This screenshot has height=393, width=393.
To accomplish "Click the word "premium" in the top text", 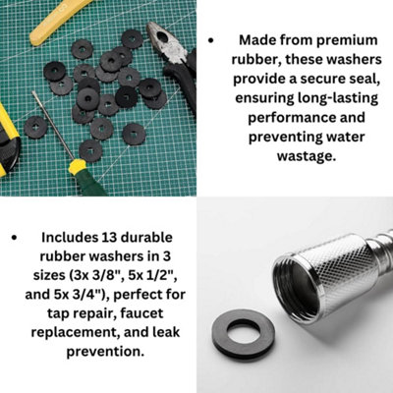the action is click(x=347, y=40).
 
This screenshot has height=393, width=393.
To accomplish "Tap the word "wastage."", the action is click(x=307, y=155).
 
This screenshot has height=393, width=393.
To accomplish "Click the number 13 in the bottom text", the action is click(x=109, y=237).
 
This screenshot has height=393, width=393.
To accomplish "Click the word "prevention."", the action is click(x=105, y=352).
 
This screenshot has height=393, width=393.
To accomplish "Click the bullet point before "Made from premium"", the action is click(x=211, y=41).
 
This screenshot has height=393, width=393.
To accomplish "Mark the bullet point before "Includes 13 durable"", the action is click(x=14, y=238).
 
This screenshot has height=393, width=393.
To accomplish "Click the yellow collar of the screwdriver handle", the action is click(x=78, y=166).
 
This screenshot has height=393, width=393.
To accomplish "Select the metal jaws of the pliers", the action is click(x=166, y=42).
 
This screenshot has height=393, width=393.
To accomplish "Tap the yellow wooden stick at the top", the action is click(x=58, y=21).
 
